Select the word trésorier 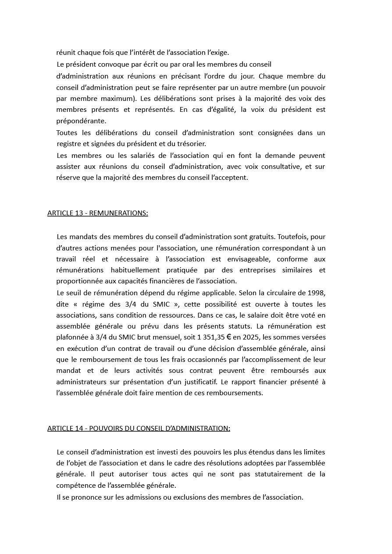tap(192, 143)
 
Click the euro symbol tap(228, 337)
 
